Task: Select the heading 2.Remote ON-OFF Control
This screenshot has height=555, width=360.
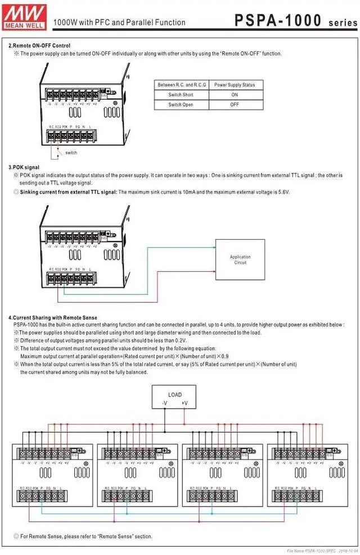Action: point(39,46)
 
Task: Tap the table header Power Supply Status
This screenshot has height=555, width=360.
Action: point(234,85)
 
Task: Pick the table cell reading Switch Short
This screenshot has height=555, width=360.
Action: point(181,95)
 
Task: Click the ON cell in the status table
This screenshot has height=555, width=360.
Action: point(234,95)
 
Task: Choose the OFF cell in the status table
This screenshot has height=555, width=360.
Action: point(234,105)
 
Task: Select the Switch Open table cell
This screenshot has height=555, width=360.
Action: point(181,105)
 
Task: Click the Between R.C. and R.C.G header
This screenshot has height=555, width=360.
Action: point(181,85)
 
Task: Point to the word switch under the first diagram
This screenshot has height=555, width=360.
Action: point(71,153)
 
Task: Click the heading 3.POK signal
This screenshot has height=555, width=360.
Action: point(24,168)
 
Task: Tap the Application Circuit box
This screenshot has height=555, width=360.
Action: point(240,259)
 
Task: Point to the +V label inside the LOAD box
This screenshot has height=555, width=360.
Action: point(185,403)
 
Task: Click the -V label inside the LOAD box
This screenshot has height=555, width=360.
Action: point(164,403)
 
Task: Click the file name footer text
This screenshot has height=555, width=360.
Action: point(321,550)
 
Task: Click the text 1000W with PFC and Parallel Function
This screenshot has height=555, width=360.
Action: point(119,23)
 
